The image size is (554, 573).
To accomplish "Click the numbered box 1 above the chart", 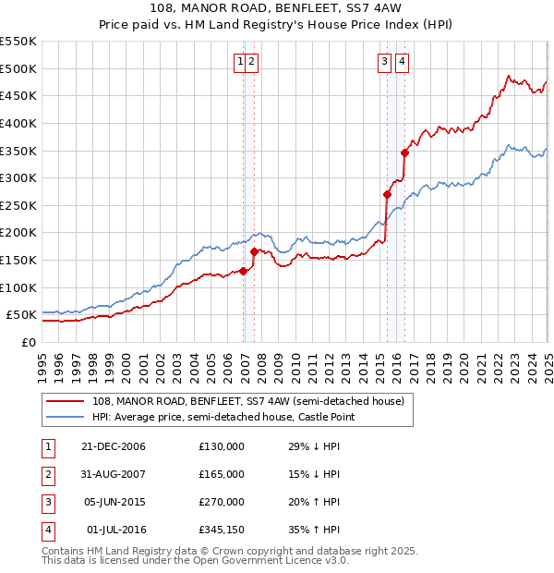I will point(240,62).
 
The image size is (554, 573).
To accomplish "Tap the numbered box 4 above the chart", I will point(403,62).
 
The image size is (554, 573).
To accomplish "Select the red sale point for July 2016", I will point(404,152).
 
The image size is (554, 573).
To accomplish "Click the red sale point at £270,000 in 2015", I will point(387,194).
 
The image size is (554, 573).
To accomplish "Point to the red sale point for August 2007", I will point(254,251).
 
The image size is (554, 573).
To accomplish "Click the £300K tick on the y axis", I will point(18,177).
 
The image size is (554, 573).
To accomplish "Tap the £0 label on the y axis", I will point(28,342).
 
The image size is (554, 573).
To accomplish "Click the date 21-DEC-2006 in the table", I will point(114,446).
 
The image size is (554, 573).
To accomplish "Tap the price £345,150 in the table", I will point(221,530).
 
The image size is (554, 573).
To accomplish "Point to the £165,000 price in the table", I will point(221,474).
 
